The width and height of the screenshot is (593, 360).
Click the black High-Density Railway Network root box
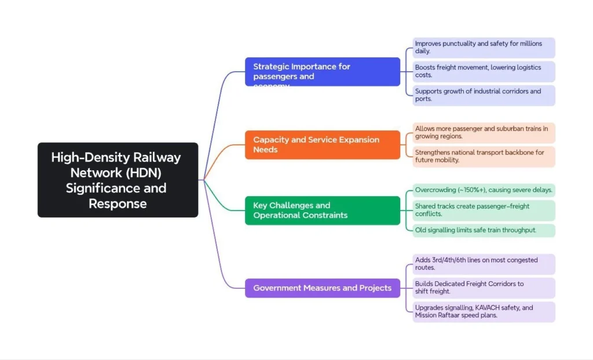(118, 180)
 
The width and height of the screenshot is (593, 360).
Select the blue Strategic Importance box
(322, 72)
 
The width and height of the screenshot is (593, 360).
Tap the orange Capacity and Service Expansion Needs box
(322, 145)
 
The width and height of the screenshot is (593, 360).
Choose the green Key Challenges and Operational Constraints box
(322, 210)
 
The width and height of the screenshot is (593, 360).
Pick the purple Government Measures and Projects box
(322, 288)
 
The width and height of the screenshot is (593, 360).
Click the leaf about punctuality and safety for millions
(484, 47)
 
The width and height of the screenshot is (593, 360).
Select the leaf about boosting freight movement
(484, 71)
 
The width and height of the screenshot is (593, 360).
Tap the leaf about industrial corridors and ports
(484, 95)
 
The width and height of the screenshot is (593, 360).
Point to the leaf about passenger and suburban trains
(484, 133)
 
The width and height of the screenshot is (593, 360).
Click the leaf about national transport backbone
(484, 156)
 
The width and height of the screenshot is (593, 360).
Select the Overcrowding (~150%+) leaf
(484, 190)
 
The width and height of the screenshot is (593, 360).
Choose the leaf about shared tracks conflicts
(484, 210)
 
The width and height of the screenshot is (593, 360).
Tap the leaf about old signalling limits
(484, 230)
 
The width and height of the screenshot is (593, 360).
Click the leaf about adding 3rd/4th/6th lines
(484, 264)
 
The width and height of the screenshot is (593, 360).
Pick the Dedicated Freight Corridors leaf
(484, 288)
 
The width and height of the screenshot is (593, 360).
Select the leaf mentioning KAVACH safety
(484, 311)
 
